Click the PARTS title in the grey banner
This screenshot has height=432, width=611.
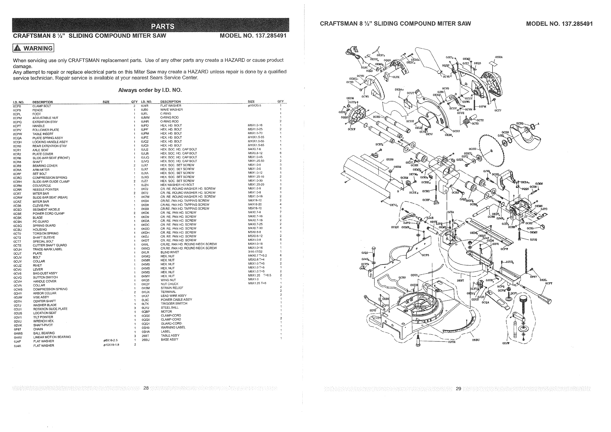pyautogui.click(x=163, y=26)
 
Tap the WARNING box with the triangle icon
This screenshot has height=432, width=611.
pyautogui.click(x=33, y=48)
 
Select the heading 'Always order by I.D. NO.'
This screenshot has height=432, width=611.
pyautogui.click(x=150, y=90)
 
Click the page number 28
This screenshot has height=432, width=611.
pyautogui.click(x=146, y=388)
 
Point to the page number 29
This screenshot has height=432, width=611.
pyautogui.click(x=458, y=389)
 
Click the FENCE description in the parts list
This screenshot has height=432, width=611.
pyautogui.click(x=38, y=110)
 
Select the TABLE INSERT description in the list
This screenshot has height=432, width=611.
pyautogui.click(x=43, y=134)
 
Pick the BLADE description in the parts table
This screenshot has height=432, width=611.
pyautogui.click(x=38, y=218)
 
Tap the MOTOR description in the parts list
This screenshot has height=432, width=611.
pyautogui.click(x=166, y=312)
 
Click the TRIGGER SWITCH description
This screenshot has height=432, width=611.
pyautogui.click(x=174, y=304)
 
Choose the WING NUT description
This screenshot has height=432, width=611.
pyautogui.click(x=168, y=280)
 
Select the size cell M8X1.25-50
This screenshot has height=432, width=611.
pyautogui.click(x=256, y=161)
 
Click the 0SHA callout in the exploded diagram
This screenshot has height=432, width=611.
pyautogui.click(x=499, y=57)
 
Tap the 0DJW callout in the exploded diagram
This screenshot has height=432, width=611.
pyautogui.click(x=506, y=343)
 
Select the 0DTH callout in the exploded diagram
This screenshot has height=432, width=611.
pyautogui.click(x=452, y=342)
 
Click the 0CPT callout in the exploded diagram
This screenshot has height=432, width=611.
pyautogui.click(x=549, y=283)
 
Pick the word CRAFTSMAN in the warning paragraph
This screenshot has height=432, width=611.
pyautogui.click(x=84, y=60)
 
